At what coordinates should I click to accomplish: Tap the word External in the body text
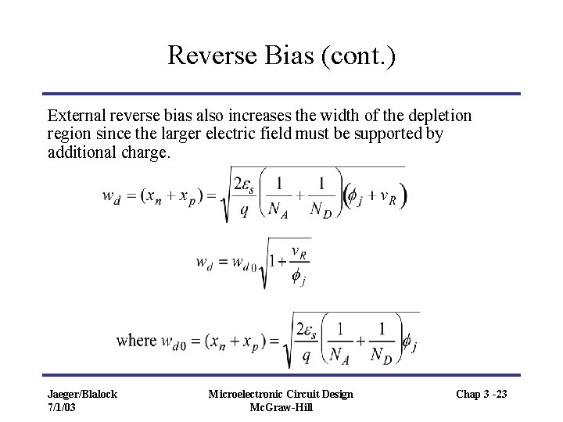coord(76,116)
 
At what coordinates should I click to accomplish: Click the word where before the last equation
coord(136,341)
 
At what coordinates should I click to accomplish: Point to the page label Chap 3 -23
coord(480,394)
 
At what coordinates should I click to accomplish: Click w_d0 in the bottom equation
coord(175,342)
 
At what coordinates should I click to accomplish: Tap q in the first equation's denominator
coord(245,209)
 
